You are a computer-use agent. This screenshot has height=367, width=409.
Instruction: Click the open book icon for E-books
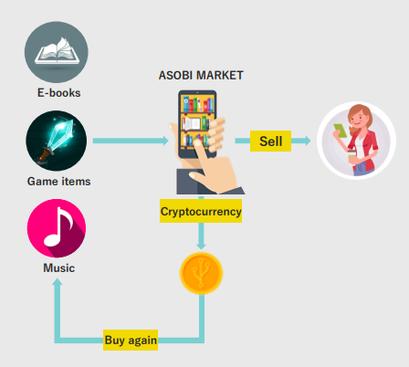57,52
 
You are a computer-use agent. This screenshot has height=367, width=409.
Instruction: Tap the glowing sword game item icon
57,141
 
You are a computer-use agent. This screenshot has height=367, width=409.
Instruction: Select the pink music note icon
57,228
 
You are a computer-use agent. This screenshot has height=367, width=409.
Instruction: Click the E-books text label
58,93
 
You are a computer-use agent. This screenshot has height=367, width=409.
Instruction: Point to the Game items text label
58,182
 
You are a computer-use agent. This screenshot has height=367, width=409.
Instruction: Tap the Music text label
58,268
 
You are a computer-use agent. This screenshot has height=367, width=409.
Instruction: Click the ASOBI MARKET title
201,75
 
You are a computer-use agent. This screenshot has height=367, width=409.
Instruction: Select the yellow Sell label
270,141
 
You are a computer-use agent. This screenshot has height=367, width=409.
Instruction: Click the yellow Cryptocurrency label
201,211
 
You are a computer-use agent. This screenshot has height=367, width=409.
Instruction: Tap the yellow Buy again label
131,340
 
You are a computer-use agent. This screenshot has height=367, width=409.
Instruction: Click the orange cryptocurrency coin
201,273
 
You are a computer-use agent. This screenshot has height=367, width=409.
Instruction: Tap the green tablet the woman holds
341,131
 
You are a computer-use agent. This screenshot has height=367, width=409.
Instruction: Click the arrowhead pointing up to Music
57,282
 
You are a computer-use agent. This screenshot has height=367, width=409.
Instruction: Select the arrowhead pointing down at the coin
201,246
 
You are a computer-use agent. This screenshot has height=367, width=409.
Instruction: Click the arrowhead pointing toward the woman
307,141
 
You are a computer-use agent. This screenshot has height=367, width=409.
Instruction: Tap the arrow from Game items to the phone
131,141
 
